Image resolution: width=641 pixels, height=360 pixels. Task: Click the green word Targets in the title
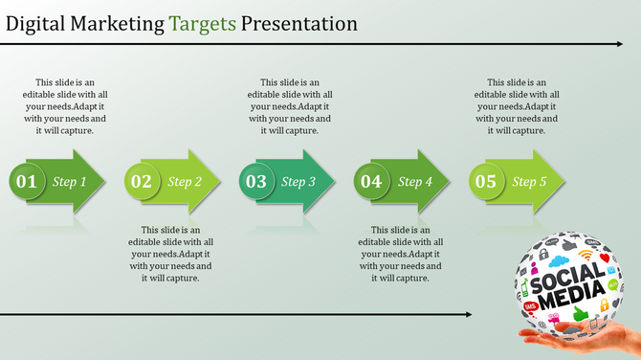(203, 22)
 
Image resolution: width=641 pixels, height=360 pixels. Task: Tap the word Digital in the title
(36, 22)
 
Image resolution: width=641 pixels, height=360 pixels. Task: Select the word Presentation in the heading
(298, 22)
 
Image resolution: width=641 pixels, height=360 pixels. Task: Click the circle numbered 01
(27, 181)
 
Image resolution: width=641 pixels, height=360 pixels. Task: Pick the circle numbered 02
(142, 181)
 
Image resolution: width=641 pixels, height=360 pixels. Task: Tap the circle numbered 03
(256, 181)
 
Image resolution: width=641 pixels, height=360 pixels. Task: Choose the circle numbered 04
(371, 181)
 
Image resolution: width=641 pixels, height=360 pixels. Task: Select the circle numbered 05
(486, 181)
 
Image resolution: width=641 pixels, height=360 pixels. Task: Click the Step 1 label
(70, 182)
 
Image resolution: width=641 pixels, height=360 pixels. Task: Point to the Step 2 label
(185, 182)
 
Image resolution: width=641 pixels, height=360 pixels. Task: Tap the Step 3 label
(299, 182)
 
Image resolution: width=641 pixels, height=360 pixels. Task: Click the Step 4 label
(415, 182)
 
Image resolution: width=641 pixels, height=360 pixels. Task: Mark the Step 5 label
(530, 182)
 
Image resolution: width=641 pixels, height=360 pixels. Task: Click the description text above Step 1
(64, 106)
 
